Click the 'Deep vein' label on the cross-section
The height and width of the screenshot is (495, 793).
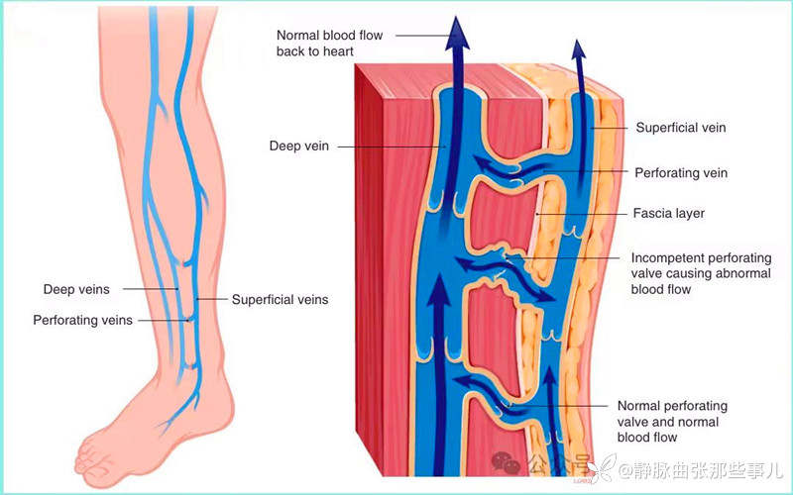coord(298,147)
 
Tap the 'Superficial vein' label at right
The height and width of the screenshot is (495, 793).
coord(681,128)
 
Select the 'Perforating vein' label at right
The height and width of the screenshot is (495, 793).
coord(681,173)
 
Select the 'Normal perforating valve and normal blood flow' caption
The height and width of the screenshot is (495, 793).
coord(672,422)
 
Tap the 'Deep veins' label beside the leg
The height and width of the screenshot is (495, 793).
coord(76,290)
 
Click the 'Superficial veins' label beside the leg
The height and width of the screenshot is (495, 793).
coord(280,299)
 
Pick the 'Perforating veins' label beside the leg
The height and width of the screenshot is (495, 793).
coord(82,321)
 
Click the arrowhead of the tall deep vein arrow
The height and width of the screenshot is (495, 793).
coord(457,30)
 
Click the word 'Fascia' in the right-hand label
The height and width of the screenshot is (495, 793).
coord(650,213)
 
